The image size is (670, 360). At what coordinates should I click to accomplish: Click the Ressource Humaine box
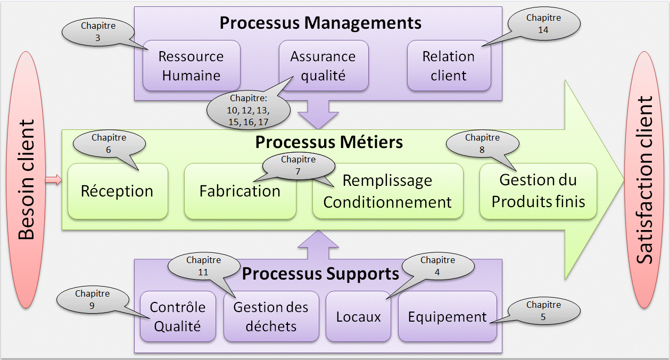[x=191, y=66]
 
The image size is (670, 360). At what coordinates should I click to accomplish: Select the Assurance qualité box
[x=323, y=66]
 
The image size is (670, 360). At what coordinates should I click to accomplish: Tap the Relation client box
[x=449, y=66]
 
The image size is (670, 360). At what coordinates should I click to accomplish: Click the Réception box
[x=117, y=191]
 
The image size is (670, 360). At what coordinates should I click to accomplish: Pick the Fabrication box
[x=239, y=191]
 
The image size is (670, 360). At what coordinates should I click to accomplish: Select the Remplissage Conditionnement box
[x=387, y=192]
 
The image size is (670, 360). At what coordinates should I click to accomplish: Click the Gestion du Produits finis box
[x=538, y=191]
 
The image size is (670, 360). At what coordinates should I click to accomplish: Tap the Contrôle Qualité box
[x=178, y=316]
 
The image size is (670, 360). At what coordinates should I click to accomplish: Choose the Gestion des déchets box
[x=271, y=316]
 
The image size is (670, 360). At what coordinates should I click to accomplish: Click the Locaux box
[x=359, y=317]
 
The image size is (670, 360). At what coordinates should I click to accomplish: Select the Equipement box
[x=447, y=317]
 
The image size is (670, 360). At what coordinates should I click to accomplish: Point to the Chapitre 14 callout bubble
[x=543, y=24]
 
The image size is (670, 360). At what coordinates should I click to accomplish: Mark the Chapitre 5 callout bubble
[x=543, y=311]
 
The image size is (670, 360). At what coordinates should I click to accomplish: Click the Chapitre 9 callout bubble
[x=92, y=300]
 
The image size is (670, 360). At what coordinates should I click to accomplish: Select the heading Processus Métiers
[x=329, y=143]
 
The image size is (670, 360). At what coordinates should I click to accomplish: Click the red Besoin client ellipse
[x=27, y=179]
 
